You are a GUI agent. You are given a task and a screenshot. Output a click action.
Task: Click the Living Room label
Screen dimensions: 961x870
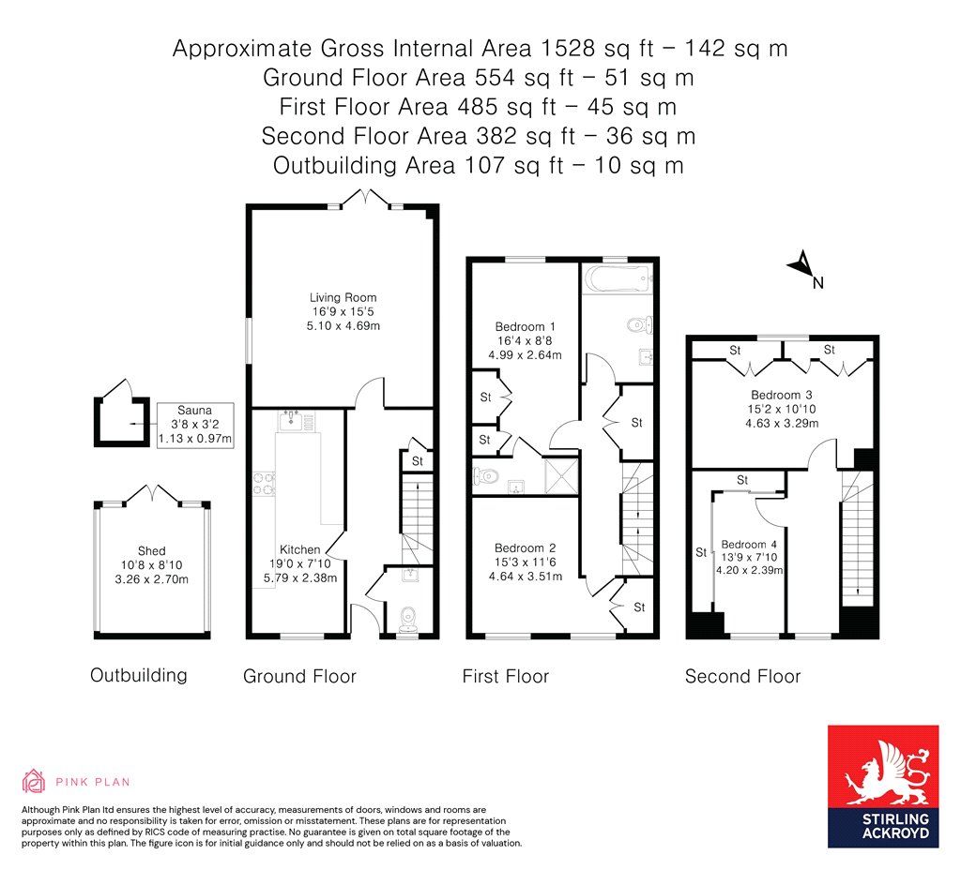pos(343,297)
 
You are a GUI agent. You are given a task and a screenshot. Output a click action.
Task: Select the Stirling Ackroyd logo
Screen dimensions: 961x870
pos(883,787)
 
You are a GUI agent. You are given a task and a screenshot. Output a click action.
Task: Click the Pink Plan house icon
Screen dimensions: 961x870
pos(34,781)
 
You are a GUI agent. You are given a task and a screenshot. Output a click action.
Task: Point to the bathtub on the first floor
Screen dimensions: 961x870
pos(618,279)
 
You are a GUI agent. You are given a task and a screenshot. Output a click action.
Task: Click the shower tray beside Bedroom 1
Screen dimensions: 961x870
pos(561,475)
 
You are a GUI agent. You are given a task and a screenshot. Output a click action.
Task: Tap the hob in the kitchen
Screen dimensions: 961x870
pos(264,483)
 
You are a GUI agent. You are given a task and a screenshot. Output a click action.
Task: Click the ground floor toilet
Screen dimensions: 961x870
pos(408,619)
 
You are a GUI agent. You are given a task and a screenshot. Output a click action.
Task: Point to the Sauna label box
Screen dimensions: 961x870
pos(195,425)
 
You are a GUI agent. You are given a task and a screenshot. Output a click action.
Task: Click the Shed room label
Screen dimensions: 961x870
pos(151,551)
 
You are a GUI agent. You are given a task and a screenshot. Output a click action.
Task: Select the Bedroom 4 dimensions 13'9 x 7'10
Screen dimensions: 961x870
pos(749,557)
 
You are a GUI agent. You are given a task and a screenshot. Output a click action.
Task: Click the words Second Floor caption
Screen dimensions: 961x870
pos(743,677)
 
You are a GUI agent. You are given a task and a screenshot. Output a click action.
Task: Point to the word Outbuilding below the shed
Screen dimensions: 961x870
pos(139,675)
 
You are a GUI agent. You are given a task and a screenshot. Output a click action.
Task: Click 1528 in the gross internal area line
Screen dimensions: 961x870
pos(569,48)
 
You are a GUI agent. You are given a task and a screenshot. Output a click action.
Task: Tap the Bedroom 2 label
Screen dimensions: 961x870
pos(526,547)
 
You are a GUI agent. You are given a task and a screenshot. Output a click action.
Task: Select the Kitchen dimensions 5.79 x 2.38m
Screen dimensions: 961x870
pos(300,577)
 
